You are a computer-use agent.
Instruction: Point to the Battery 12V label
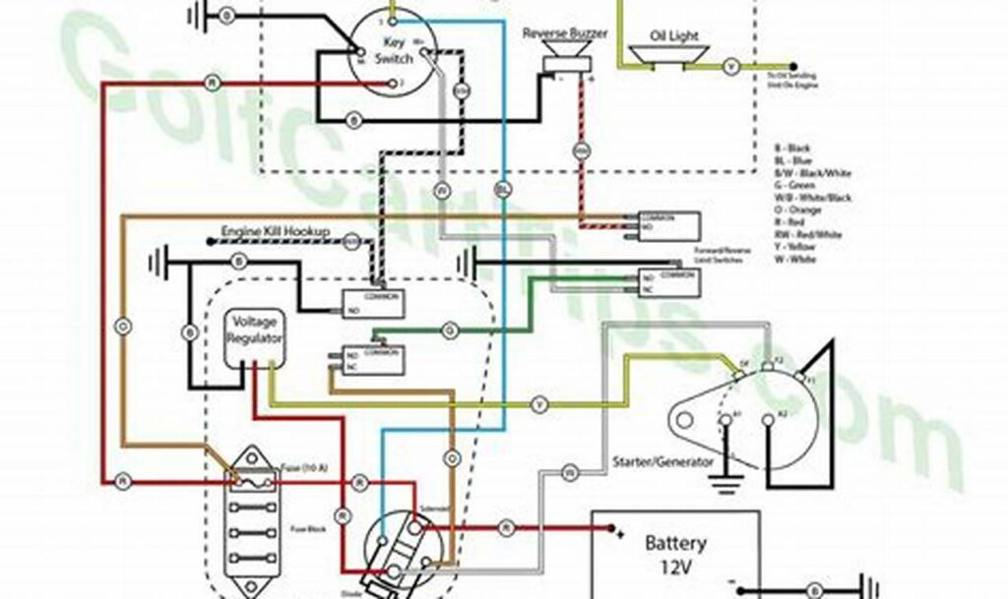coord(674,554)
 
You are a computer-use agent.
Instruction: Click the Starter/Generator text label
coord(661,461)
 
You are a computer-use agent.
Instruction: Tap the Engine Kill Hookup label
coord(275,232)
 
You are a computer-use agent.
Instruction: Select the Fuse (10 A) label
coord(298,466)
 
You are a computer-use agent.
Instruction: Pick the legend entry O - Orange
coord(800,210)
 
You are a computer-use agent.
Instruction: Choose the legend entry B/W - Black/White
coord(812,173)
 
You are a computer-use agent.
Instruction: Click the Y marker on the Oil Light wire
coord(730,67)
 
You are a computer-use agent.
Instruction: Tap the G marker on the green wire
coord(450,329)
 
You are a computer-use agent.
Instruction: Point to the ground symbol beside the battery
coord(863,585)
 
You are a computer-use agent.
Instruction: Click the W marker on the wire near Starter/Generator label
coord(569,472)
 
